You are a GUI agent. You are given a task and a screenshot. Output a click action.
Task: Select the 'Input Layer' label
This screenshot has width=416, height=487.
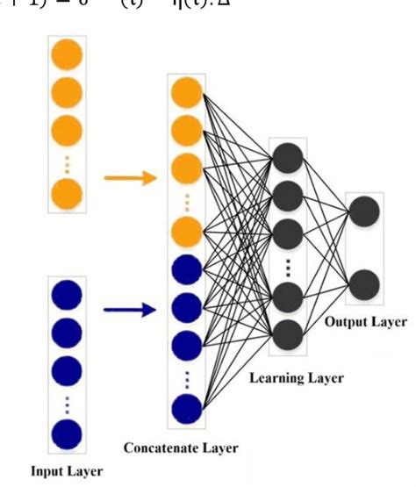tap(67, 471)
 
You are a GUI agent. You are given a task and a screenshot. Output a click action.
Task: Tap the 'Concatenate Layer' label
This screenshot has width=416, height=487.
tap(181, 448)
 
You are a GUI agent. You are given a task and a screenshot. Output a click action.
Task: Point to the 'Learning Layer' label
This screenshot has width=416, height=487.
tap(296, 378)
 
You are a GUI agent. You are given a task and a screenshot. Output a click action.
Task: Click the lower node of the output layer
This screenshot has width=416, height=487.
tap(364, 285)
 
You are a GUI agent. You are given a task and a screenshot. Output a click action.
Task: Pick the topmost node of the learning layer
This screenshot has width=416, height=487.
tap(289, 158)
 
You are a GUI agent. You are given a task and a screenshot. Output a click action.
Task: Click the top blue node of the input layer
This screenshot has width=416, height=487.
tap(68, 295)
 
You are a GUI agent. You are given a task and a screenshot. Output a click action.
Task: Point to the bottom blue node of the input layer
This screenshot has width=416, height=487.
tap(68, 433)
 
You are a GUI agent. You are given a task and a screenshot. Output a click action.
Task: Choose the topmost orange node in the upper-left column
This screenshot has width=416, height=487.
tap(68, 56)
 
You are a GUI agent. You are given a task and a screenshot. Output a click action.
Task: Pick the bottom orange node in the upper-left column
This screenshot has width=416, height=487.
tap(68, 192)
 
